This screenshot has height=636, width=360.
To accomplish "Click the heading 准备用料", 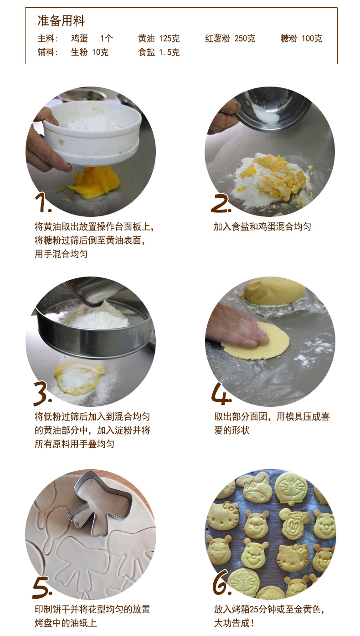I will pyautogui.click(x=61, y=21).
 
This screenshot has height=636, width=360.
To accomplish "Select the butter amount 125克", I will pyautogui.click(x=169, y=39).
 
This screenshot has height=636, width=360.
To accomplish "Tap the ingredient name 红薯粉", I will pyautogui.click(x=217, y=39).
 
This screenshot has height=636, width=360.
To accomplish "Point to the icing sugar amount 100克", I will pyautogui.click(x=312, y=39).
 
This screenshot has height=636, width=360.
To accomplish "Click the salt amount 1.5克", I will pyautogui.click(x=169, y=52).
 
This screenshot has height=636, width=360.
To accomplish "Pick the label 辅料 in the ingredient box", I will pyautogui.click(x=47, y=52).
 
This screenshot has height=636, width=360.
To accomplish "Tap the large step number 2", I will pyautogui.click(x=221, y=203).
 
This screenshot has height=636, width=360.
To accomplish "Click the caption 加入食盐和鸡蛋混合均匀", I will pyautogui.click(x=262, y=226).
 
